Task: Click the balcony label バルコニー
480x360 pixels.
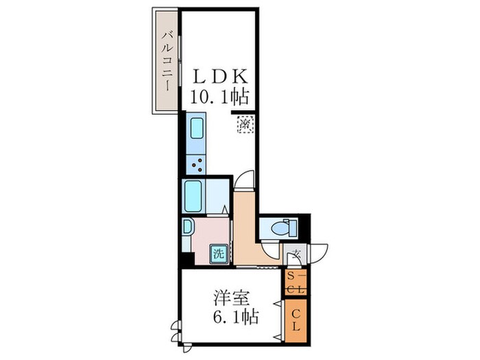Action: click(x=166, y=60)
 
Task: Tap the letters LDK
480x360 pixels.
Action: click(x=218, y=76)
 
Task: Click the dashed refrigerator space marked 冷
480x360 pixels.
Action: click(x=245, y=125)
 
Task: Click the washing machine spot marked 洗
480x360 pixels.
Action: click(x=217, y=254)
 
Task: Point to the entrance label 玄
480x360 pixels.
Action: click(x=297, y=254)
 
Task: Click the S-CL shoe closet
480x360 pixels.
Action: click(x=296, y=282)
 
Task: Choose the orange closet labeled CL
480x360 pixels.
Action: click(x=296, y=317)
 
